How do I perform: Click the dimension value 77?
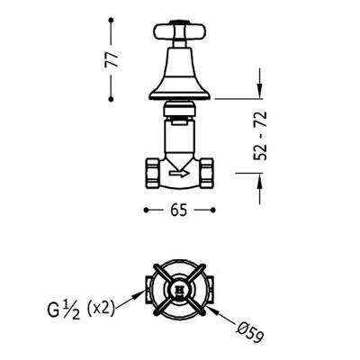(112, 60)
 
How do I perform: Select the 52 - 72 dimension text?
(260, 136)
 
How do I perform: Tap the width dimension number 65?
(179, 210)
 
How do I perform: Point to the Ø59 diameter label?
(249, 332)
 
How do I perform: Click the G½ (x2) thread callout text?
(81, 310)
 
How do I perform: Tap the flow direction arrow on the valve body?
(179, 173)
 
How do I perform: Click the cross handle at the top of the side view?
(180, 31)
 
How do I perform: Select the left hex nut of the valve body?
(152, 173)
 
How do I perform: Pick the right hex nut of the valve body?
(207, 173)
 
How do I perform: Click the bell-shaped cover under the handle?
(180, 74)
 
